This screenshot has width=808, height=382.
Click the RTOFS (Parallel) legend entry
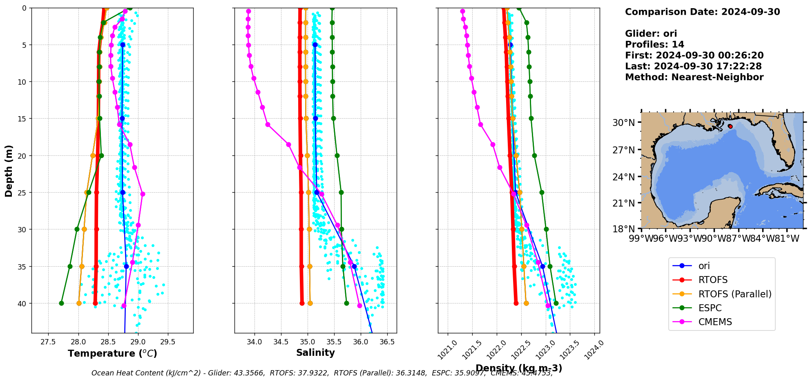734,294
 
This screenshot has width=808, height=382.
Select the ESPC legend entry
710,308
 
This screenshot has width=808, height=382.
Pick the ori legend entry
704,266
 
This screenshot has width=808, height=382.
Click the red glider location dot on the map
730,126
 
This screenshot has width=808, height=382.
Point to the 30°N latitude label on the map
624,123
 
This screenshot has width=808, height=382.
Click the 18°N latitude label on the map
624,229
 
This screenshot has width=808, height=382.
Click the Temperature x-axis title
112,353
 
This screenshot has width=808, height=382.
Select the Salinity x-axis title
315,353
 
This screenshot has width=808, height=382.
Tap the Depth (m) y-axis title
9,171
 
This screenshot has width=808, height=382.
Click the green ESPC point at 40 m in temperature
61,303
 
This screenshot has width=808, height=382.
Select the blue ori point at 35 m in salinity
354,266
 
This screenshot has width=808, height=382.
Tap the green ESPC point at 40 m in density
556,303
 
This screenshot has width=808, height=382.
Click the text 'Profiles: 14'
654,45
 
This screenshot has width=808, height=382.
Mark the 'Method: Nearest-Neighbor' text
694,77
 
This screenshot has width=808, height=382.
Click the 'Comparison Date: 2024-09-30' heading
702,12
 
